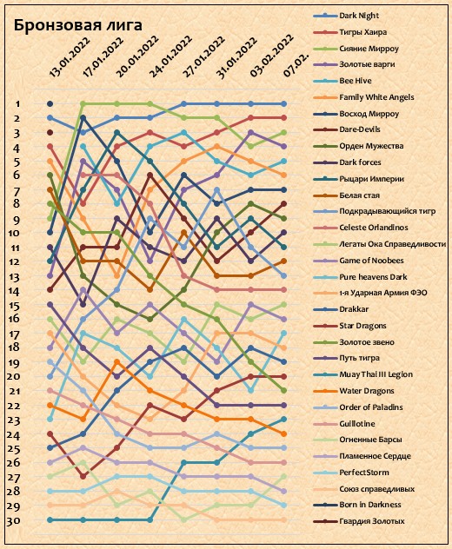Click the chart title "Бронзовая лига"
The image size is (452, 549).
click(77, 25)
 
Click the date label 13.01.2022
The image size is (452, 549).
click(70, 57)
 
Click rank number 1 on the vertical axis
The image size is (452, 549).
click(17, 104)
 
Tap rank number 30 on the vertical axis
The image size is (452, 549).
click(13, 520)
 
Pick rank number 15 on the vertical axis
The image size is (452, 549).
click(14, 306)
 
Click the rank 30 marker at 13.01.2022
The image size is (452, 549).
click(50, 520)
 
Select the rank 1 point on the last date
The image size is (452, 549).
click(284, 104)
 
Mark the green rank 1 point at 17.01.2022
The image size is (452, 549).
click(83, 104)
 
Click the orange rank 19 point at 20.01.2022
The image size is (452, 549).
click(117, 362)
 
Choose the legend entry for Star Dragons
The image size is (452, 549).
click(362, 326)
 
